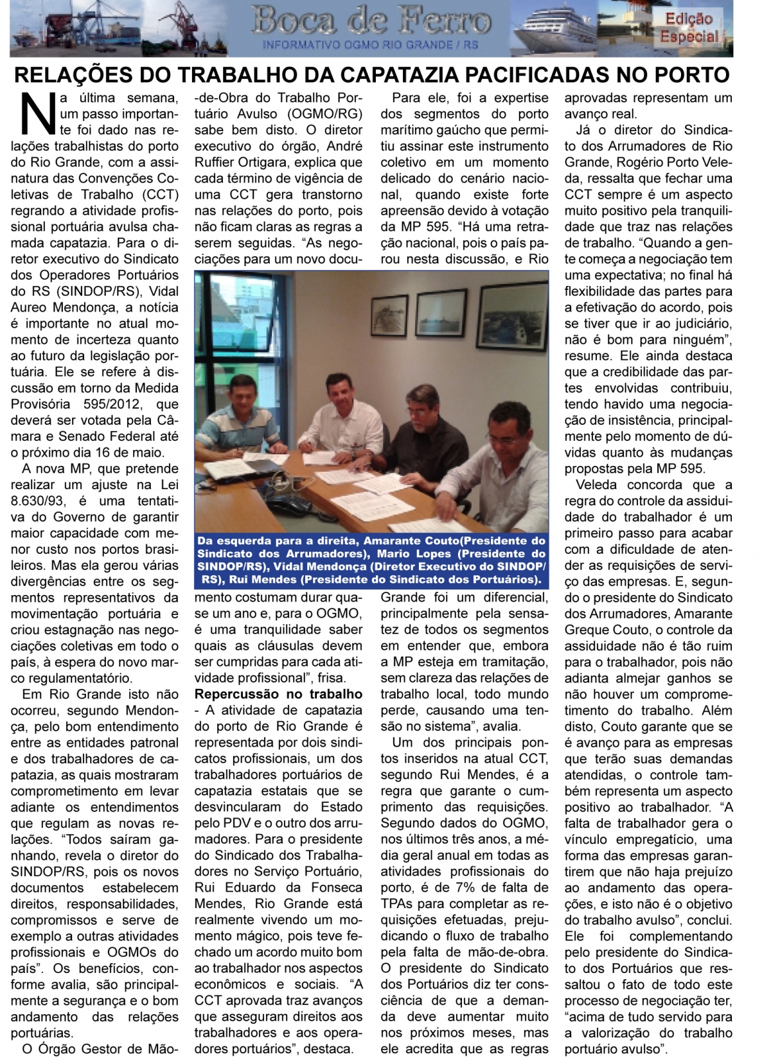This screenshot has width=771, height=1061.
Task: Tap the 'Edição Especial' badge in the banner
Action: (x=688, y=28)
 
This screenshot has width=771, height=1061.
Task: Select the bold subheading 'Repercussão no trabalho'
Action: (x=278, y=694)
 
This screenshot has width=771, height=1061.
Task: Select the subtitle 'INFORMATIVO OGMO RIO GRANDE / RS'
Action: (x=370, y=45)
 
